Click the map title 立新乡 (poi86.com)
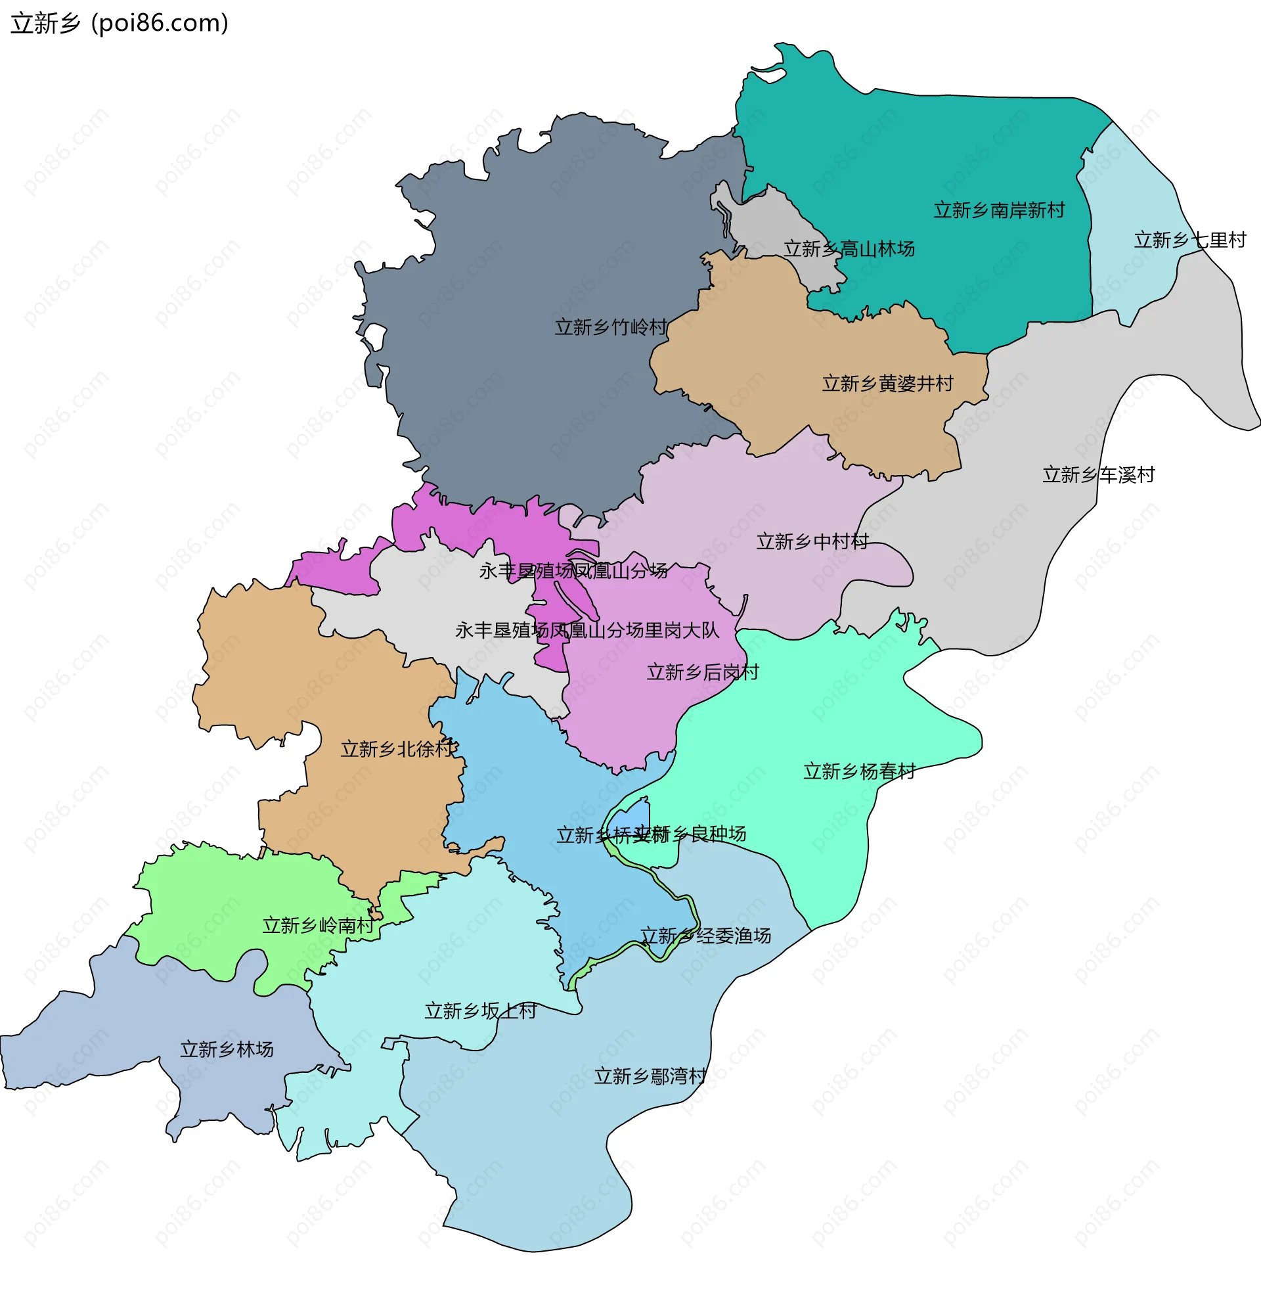(x=120, y=23)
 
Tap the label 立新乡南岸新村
(x=999, y=211)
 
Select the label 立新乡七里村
(x=1189, y=240)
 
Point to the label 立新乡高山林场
(x=849, y=249)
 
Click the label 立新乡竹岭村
(x=611, y=327)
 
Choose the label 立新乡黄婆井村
(x=887, y=384)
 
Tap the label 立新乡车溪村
(x=1098, y=475)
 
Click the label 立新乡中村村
(x=812, y=542)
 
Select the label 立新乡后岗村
(x=702, y=672)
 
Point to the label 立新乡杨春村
(x=859, y=771)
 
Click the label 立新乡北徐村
(x=397, y=749)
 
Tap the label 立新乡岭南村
(x=318, y=925)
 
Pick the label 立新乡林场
(x=227, y=1049)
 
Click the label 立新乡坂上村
(x=480, y=1011)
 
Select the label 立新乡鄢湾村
(x=650, y=1076)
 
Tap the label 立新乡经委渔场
(x=705, y=936)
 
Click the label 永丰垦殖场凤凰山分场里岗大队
(x=586, y=630)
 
